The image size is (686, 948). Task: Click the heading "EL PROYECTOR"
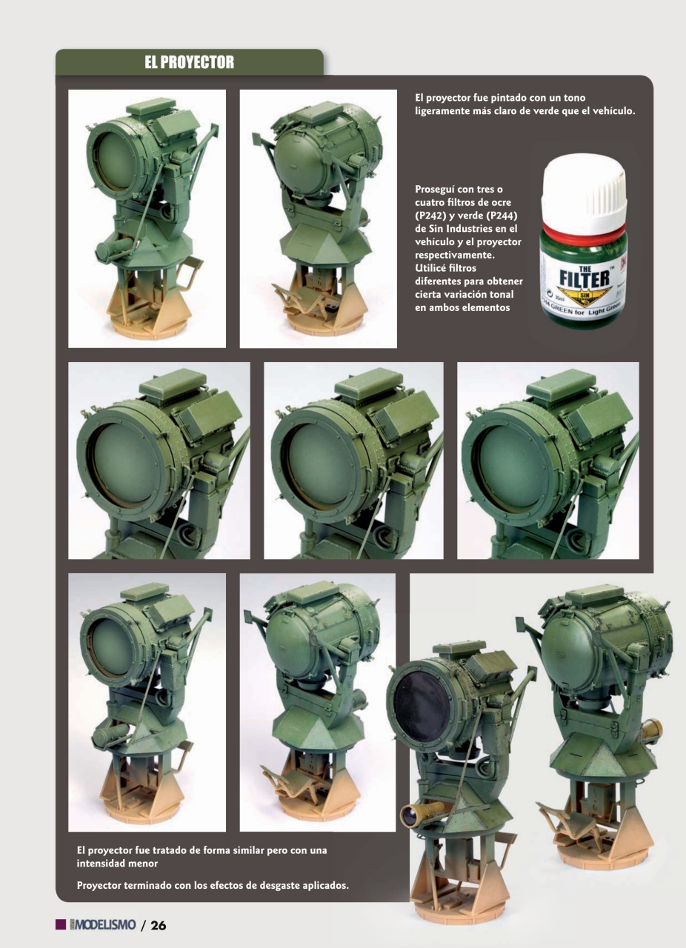tap(189, 63)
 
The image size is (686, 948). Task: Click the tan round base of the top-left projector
tap(144, 327)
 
